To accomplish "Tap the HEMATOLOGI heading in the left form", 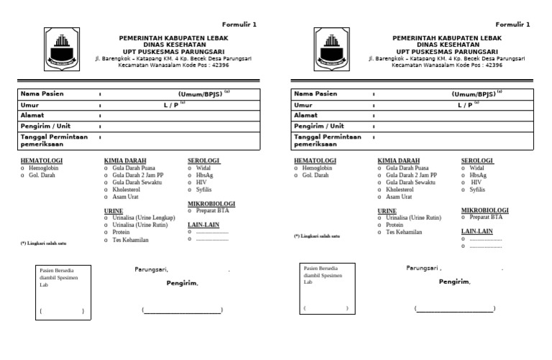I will (x=42, y=160).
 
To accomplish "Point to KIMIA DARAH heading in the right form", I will (x=399, y=160).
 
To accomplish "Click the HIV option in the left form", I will (x=201, y=183).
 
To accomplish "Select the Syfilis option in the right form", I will (x=477, y=190).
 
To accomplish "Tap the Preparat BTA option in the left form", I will (x=211, y=211).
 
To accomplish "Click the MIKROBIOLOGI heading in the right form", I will (x=484, y=211).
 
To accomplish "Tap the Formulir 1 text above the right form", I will (x=512, y=24).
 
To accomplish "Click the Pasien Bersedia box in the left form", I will (x=63, y=292).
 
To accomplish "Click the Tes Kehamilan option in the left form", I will (x=130, y=239).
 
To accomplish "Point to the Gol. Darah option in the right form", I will (x=316, y=175).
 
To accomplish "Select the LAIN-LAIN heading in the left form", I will (x=203, y=225).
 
